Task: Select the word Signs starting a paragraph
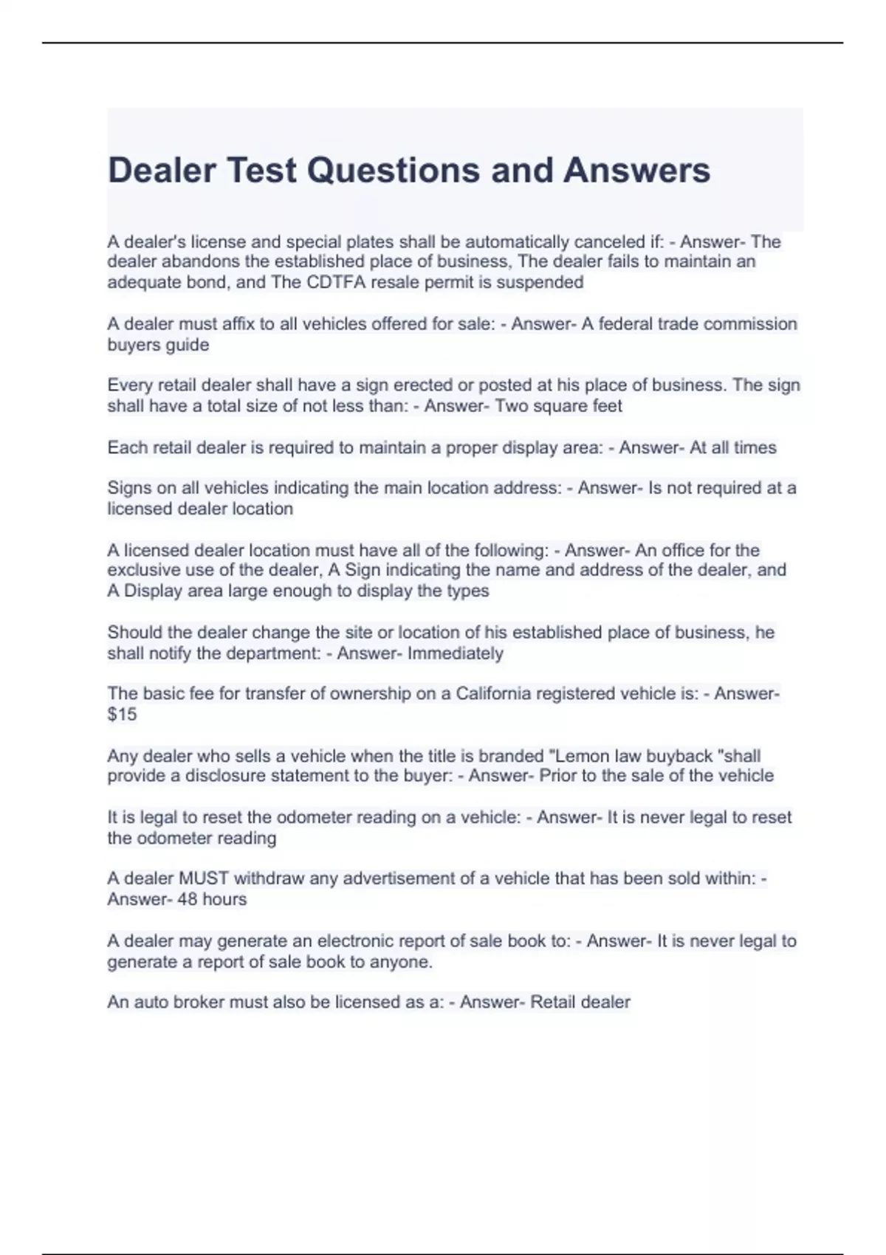pos(129,488)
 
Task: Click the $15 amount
pos(122,714)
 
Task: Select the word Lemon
pos(615,756)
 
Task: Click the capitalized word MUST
pos(204,878)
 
